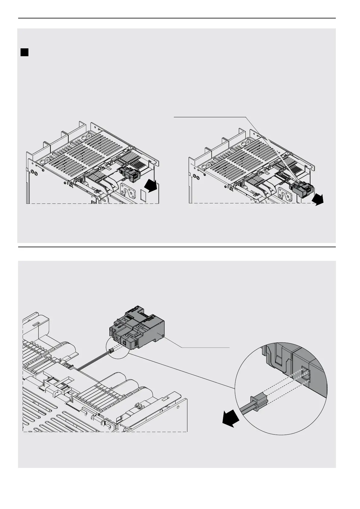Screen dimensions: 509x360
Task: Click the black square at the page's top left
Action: (x=24, y=53)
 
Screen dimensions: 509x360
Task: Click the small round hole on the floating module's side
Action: (x=163, y=335)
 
